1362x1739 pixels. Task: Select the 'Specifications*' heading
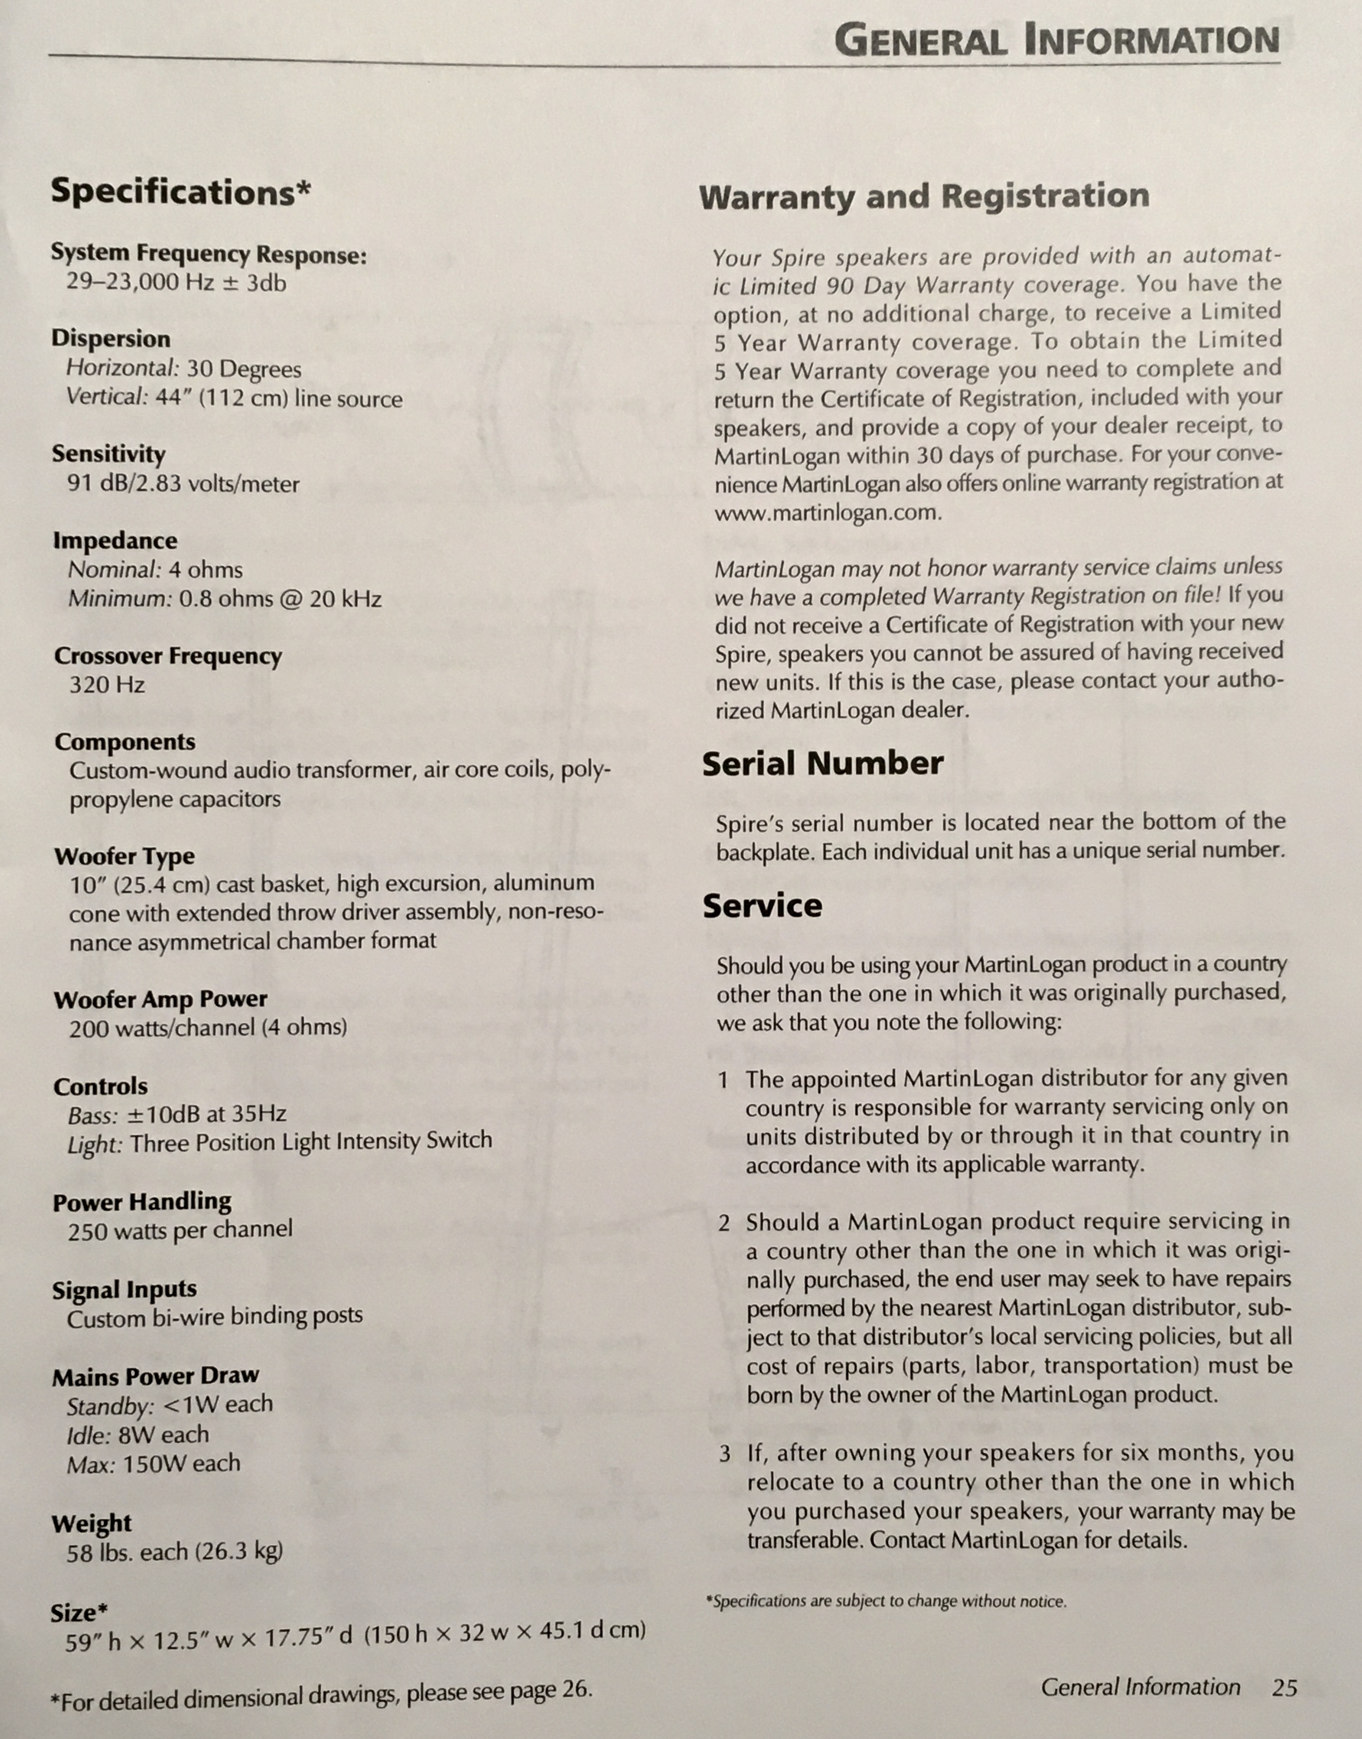180,192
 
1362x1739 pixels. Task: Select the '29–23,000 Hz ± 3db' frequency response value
176,283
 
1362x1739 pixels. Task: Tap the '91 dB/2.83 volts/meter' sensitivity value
183,484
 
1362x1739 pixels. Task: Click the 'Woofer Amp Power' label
160,999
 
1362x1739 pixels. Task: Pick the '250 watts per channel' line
180,1230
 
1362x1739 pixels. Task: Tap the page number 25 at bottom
1284,1688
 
